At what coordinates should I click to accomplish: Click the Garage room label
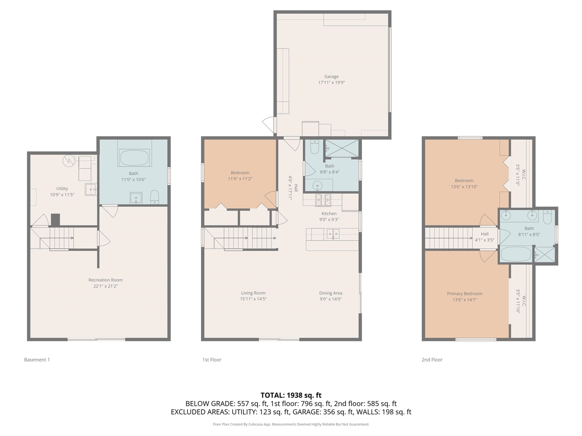(x=331, y=77)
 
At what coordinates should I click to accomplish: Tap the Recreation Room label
(x=105, y=280)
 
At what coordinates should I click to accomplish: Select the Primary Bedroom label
(x=464, y=294)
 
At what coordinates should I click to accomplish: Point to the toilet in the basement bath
(x=155, y=197)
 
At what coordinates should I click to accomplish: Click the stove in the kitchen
(x=323, y=200)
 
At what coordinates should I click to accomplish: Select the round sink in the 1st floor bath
(x=317, y=185)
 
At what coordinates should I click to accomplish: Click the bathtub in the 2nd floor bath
(x=516, y=254)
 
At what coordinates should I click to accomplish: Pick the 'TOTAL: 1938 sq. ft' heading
(x=291, y=395)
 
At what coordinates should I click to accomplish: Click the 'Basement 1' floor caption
(x=37, y=360)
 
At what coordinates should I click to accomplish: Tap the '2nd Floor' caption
(x=432, y=360)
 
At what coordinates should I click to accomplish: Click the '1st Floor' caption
(x=212, y=360)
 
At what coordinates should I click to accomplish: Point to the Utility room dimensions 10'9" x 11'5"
(x=62, y=195)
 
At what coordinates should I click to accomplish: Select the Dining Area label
(x=331, y=293)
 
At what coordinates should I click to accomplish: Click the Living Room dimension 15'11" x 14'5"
(x=253, y=299)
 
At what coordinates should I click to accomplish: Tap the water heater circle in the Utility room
(x=69, y=161)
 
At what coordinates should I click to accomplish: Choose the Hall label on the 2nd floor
(x=485, y=234)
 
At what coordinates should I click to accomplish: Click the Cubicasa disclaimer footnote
(x=291, y=424)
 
